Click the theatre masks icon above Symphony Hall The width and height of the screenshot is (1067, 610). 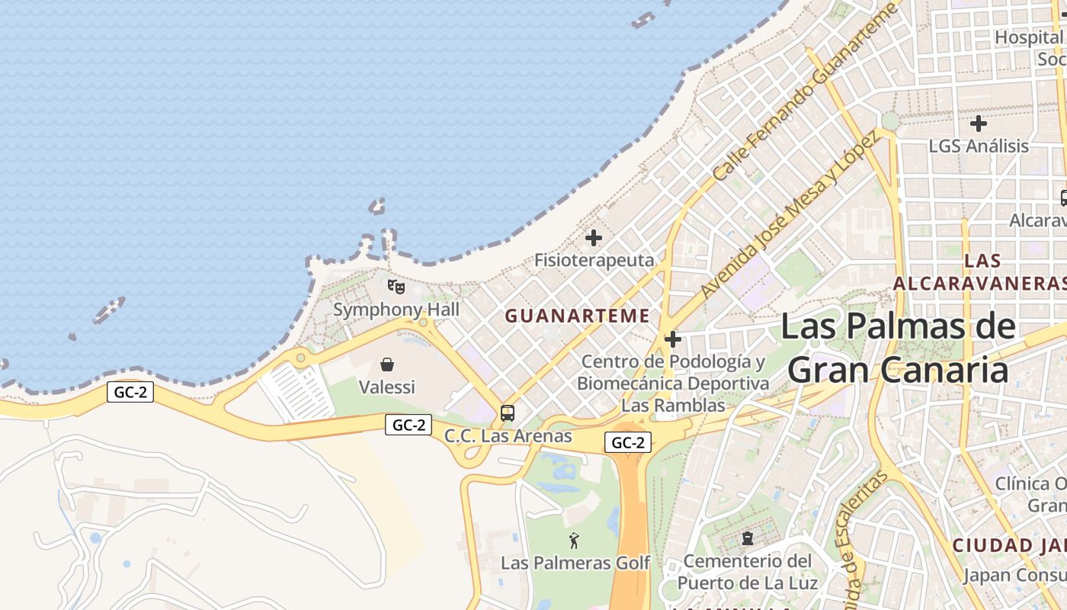[396, 287]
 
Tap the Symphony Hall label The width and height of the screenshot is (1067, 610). [396, 310]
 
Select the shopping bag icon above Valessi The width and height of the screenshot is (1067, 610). [387, 364]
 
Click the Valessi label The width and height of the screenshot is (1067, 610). [387, 387]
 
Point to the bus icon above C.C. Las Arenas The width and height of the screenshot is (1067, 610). [508, 413]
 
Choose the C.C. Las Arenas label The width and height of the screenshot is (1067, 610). [508, 436]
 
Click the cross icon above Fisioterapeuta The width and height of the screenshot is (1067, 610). [593, 238]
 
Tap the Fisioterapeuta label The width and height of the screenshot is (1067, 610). [594, 260]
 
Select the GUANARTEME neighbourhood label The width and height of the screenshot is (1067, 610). [578, 316]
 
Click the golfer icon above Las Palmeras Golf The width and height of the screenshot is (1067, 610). [574, 541]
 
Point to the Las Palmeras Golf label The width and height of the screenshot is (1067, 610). [575, 563]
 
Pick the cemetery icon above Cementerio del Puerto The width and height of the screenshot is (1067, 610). [747, 538]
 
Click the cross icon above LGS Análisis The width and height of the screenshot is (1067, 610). [979, 123]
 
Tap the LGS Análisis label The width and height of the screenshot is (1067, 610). [979, 146]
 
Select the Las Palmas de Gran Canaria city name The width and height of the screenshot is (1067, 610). [898, 349]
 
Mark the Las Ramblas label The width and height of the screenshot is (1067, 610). [673, 406]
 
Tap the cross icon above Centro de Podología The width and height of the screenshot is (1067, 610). [672, 339]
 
